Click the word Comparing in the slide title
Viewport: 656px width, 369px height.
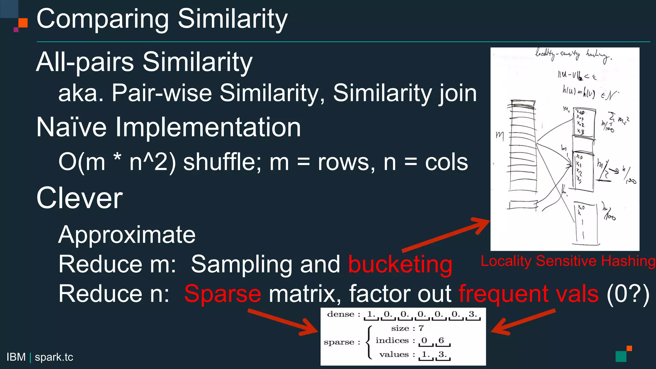tap(102, 20)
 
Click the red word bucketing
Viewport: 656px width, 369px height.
tap(400, 265)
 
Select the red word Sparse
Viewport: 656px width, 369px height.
tap(223, 294)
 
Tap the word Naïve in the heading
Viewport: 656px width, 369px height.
tap(71, 127)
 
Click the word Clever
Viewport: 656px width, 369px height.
tap(79, 198)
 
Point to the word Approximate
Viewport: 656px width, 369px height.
tap(127, 235)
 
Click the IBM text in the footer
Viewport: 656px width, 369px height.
tap(16, 357)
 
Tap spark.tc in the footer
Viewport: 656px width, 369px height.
tap(54, 357)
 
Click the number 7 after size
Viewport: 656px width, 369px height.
tap(421, 328)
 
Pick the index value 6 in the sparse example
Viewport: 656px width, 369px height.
tap(441, 340)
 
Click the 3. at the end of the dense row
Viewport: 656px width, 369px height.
tap(473, 314)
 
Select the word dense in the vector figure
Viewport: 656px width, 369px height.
tap(340, 314)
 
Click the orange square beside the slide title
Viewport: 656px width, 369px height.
tap(23, 23)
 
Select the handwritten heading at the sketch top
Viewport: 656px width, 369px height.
tap(573, 55)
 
